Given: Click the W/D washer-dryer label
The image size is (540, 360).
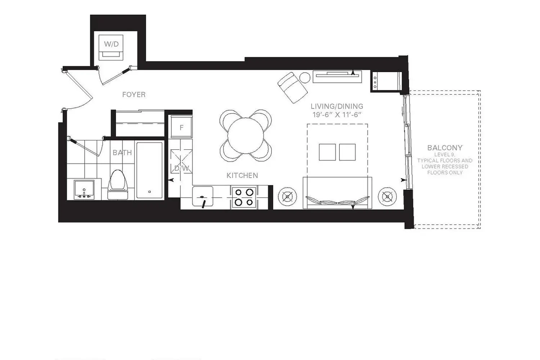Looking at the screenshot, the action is point(111,44).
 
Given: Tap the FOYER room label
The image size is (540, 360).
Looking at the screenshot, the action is point(134,95).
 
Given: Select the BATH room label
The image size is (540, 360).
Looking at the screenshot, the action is point(122,153).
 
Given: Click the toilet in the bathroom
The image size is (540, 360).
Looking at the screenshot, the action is point(118,184).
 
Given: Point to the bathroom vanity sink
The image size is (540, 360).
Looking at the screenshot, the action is point(84,189).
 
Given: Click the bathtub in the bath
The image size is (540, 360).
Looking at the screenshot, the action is point(149,170).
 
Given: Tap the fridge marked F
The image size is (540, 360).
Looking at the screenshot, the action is point(181,127).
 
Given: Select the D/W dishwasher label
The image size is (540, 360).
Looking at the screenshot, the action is point(182,168).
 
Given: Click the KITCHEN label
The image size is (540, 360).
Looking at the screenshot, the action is point(242,175).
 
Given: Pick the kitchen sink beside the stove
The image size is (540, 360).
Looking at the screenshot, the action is point(202,196).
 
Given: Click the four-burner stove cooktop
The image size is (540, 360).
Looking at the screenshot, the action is point(244,197).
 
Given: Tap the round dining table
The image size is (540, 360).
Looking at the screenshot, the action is point(246,135).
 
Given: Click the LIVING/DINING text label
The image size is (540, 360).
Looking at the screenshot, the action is point(337,106).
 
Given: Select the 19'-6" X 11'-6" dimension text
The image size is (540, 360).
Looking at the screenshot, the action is point(337,115).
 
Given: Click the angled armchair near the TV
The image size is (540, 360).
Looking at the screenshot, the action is point(292,88).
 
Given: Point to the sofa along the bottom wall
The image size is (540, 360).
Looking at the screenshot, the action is point(337,193).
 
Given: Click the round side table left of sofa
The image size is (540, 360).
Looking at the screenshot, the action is point(287,197).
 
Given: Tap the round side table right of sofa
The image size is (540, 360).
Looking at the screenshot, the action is point(387,197).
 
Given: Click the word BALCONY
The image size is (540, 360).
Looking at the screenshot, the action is point(445,148).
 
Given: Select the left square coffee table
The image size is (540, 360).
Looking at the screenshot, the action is point(327,152).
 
